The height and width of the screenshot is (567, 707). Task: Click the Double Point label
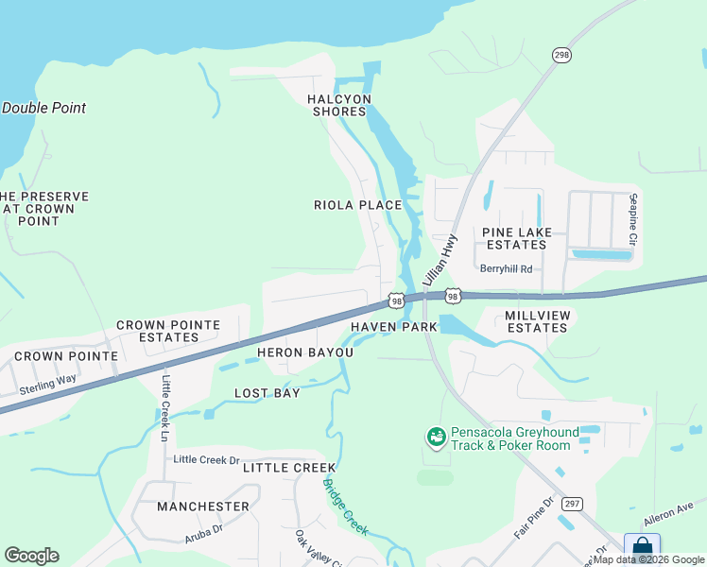(43, 108)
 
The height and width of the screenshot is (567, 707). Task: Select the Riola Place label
(357, 205)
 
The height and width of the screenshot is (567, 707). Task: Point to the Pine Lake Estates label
(514, 238)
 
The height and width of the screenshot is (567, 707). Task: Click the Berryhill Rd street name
(507, 268)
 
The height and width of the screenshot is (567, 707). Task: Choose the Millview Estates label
(536, 321)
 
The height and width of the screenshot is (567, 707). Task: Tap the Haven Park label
(394, 327)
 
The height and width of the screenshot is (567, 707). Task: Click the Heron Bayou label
(305, 352)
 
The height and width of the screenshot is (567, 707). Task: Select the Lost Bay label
(267, 393)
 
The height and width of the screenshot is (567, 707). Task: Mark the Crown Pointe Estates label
(168, 331)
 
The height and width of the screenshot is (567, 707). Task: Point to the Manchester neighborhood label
(203, 507)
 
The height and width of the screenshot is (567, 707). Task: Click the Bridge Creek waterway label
(345, 507)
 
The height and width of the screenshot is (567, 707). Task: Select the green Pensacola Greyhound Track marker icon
(436, 438)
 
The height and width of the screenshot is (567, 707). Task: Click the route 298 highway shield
(562, 56)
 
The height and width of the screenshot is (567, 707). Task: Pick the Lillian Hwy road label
(440, 261)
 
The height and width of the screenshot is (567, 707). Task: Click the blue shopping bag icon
(642, 547)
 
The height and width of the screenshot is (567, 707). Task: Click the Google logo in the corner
(31, 556)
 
